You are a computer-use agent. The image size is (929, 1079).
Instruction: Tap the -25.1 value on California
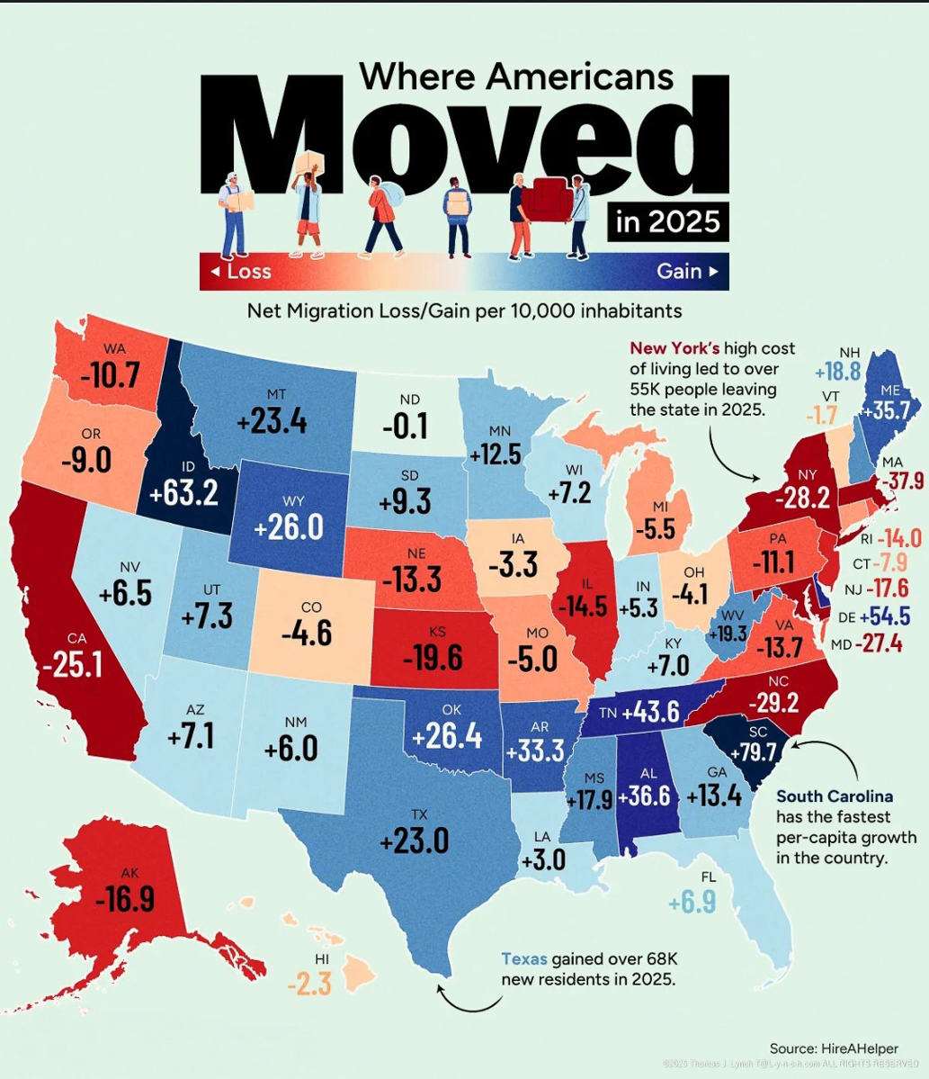pyautogui.click(x=71, y=664)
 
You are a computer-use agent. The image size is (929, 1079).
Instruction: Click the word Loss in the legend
pyautogui.click(x=248, y=271)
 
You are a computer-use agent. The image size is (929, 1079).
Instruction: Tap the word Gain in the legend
pyautogui.click(x=679, y=271)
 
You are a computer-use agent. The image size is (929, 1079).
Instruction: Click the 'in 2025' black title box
pyautogui.click(x=667, y=220)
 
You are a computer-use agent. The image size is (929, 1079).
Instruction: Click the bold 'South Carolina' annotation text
pyautogui.click(x=835, y=796)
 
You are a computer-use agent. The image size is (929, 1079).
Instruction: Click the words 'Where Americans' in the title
pyautogui.click(x=516, y=76)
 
